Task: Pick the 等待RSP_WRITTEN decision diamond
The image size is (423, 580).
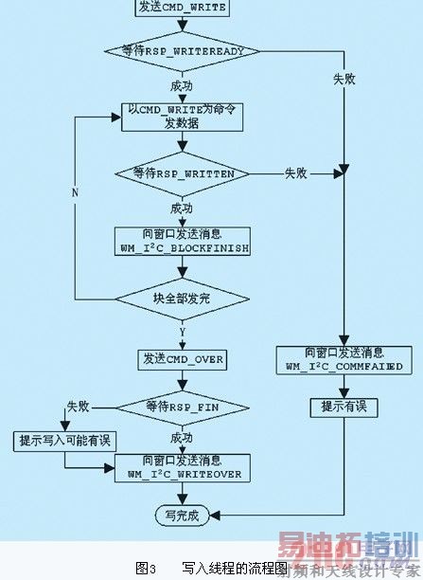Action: click(181, 173)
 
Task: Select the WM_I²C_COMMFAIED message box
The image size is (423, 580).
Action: click(344, 357)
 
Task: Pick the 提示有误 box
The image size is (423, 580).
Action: click(344, 407)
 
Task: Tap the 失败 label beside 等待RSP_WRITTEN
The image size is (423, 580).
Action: click(295, 173)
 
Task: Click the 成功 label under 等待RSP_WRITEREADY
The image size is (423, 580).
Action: click(181, 85)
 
